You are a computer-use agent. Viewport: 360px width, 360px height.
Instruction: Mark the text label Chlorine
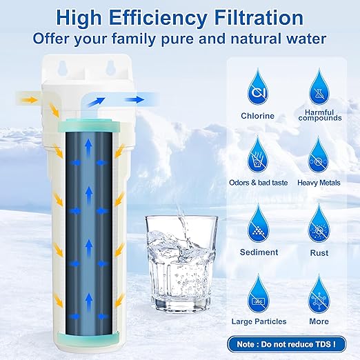click(257, 115)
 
